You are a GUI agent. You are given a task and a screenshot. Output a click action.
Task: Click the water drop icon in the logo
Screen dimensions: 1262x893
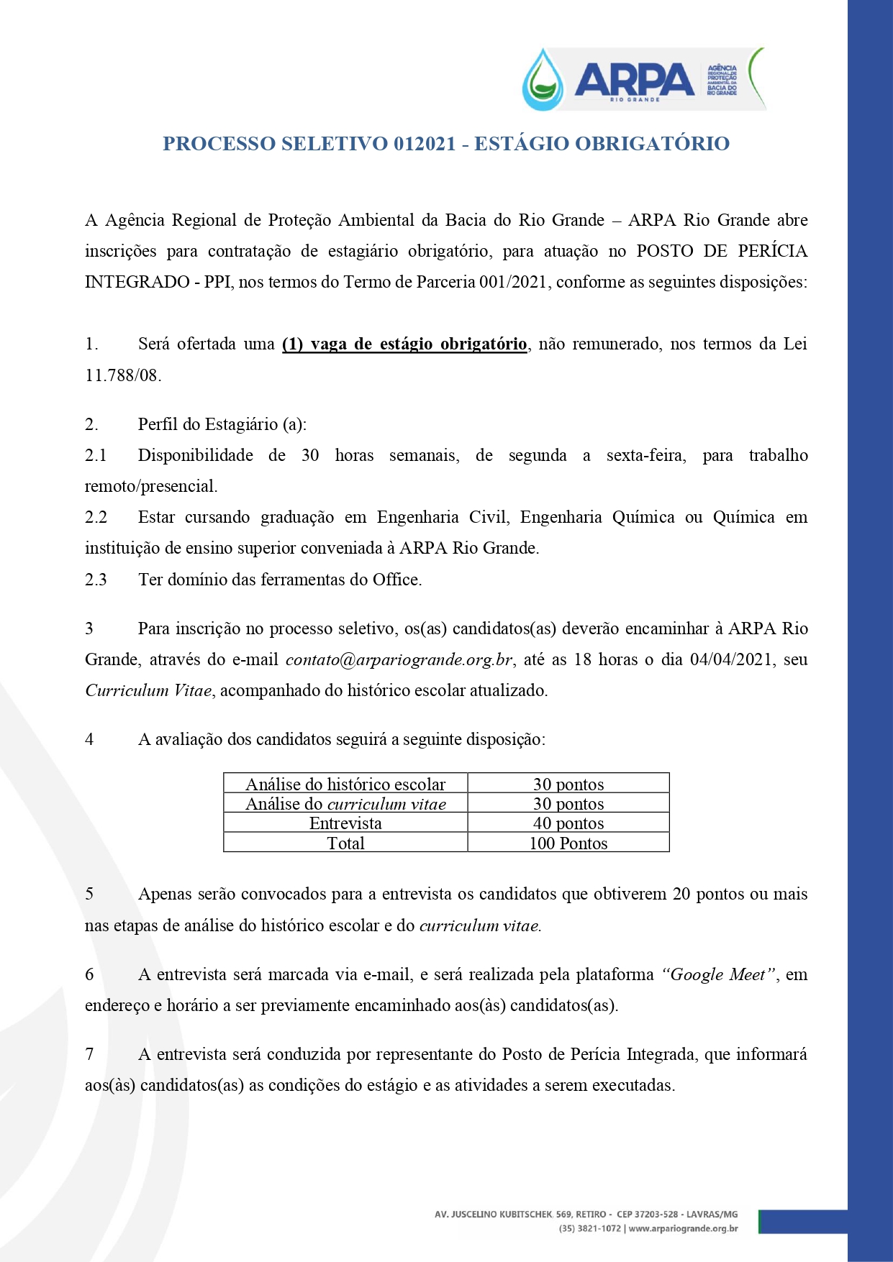[x=543, y=81]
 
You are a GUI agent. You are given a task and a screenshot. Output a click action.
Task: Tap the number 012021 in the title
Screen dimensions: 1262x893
[x=425, y=144]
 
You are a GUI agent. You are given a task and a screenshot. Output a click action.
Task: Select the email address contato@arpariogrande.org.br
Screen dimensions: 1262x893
[x=399, y=660]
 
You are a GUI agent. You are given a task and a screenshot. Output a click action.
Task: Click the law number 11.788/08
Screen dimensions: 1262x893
[x=122, y=375]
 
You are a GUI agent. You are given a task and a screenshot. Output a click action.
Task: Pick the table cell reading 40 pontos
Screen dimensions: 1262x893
[x=568, y=823]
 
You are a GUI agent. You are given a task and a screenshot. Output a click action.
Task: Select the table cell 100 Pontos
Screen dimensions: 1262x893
[x=568, y=843]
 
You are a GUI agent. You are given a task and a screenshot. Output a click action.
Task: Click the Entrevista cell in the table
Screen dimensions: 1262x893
[x=345, y=823]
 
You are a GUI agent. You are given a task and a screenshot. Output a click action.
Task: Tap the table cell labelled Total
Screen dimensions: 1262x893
[x=345, y=843]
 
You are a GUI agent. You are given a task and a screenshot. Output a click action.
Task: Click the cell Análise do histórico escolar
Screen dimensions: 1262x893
[x=345, y=784]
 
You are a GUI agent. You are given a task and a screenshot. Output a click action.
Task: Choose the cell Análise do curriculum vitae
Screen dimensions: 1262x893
[x=345, y=804]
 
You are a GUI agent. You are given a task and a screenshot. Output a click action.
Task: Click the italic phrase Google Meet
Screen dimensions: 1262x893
[x=718, y=975]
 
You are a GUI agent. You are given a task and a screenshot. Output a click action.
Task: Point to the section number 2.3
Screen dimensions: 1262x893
[x=96, y=580]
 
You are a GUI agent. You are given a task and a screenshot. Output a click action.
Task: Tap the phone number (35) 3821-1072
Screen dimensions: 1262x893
[x=589, y=1229]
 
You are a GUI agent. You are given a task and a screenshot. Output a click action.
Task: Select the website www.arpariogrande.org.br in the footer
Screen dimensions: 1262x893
[x=683, y=1229]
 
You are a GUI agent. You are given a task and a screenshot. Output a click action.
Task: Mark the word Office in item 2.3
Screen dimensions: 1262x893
[x=395, y=580]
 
